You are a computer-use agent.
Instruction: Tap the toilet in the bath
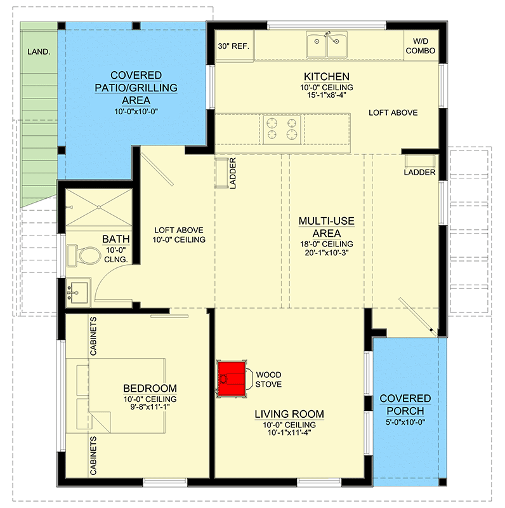(86, 255)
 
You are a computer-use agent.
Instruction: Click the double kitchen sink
(327, 45)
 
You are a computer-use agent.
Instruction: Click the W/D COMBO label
(421, 46)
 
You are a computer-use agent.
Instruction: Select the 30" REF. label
(234, 46)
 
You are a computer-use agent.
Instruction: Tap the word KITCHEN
(327, 76)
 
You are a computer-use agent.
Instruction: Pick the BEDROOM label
(150, 388)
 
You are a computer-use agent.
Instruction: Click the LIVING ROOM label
(289, 414)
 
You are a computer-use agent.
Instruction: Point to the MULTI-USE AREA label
(327, 227)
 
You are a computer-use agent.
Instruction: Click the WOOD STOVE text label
(268, 379)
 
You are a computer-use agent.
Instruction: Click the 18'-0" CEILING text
(327, 244)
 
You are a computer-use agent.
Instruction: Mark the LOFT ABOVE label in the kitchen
(393, 112)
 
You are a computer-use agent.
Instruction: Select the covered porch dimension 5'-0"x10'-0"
(405, 420)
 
